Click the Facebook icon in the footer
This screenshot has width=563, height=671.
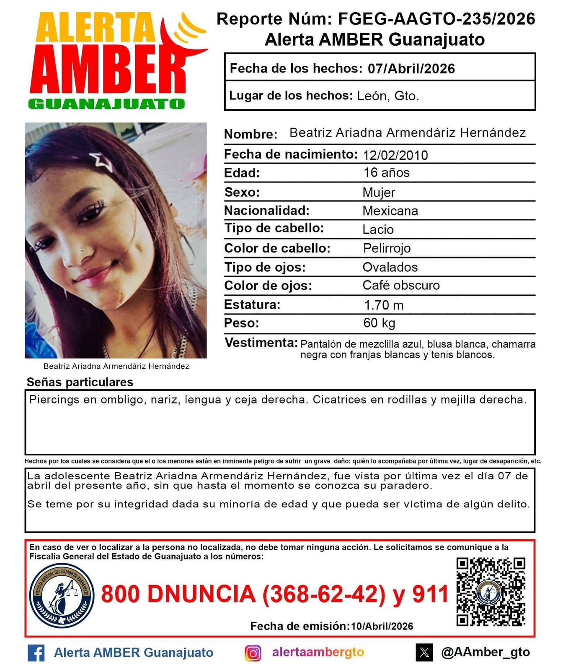(36, 653)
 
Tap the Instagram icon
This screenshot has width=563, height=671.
(253, 653)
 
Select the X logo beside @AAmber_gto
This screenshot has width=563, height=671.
(424, 653)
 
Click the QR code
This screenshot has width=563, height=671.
(491, 591)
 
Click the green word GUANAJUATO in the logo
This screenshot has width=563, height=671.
(107, 104)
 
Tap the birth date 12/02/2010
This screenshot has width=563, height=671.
(395, 155)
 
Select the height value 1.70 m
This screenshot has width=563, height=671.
(383, 305)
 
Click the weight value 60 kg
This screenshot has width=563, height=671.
(379, 323)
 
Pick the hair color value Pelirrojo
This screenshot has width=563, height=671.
(386, 248)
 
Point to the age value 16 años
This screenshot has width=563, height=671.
(386, 173)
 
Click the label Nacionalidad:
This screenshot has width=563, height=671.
(266, 211)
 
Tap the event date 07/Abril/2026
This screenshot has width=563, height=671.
(411, 68)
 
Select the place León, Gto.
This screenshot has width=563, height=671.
(387, 96)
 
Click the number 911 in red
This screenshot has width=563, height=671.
(431, 594)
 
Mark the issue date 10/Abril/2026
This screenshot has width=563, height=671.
(382, 626)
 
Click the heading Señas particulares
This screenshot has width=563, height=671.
(80, 382)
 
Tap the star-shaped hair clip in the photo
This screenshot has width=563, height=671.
(101, 161)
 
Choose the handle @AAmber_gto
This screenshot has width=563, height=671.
(485, 652)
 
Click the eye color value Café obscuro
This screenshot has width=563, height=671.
(401, 286)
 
